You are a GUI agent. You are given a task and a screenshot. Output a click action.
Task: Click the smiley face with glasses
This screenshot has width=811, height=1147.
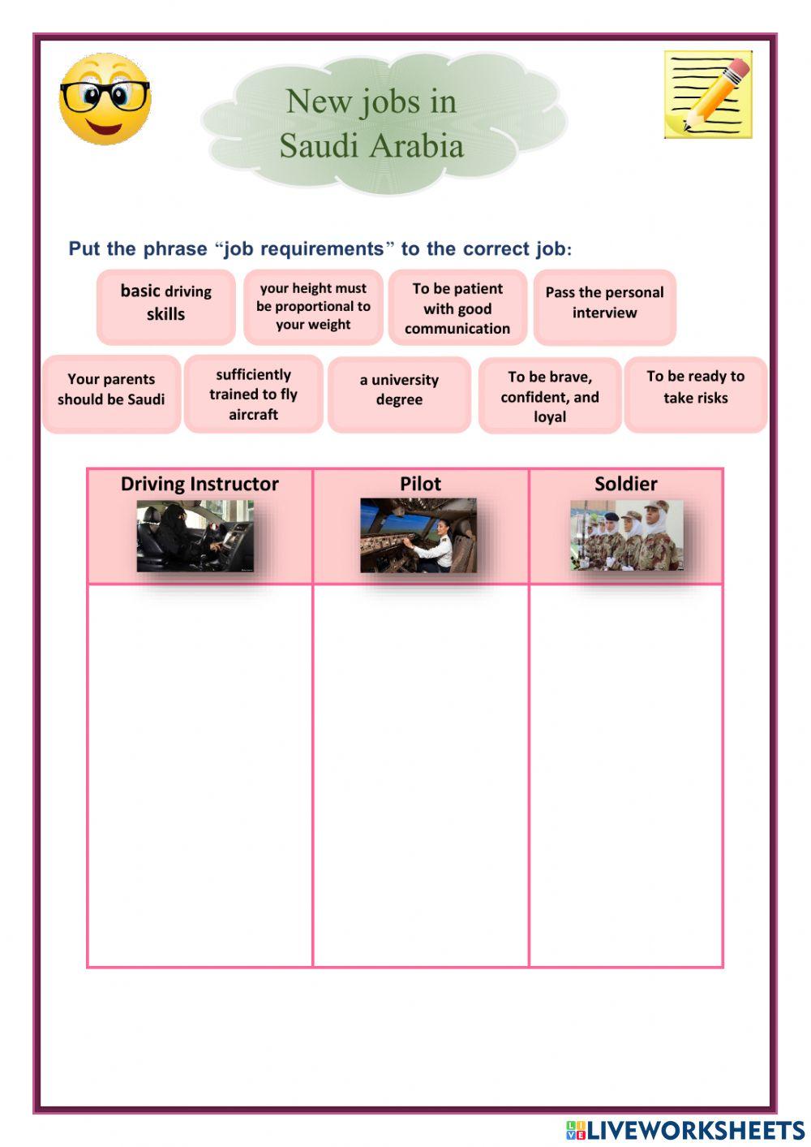point(105,100)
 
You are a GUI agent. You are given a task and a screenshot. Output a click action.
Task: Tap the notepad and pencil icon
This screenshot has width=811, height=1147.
point(708,94)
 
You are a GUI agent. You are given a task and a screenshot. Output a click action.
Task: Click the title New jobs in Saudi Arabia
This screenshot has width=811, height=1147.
point(372,123)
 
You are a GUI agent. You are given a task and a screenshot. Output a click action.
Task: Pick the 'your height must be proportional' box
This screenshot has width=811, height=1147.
point(313,306)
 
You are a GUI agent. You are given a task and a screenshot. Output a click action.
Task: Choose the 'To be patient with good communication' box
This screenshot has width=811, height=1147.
point(457,308)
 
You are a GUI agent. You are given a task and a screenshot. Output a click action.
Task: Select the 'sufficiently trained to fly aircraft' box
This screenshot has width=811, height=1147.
point(253,395)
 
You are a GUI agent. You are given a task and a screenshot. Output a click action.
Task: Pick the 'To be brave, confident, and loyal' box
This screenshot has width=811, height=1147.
point(550,397)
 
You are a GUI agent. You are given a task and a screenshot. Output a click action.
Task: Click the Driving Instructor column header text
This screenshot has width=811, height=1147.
point(200,484)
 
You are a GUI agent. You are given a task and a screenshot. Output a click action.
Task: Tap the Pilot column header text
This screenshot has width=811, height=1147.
point(420,484)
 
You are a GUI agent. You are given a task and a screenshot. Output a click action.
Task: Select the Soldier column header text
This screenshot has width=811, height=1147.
point(625,484)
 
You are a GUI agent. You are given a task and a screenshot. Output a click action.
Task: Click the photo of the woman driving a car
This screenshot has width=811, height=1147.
point(195,536)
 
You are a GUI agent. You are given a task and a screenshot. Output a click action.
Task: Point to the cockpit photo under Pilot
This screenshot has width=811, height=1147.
point(418,536)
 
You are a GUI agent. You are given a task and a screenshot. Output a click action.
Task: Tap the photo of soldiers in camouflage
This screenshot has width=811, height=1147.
point(626,535)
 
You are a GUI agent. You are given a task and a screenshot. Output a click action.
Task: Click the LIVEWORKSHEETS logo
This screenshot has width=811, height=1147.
point(685,1130)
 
